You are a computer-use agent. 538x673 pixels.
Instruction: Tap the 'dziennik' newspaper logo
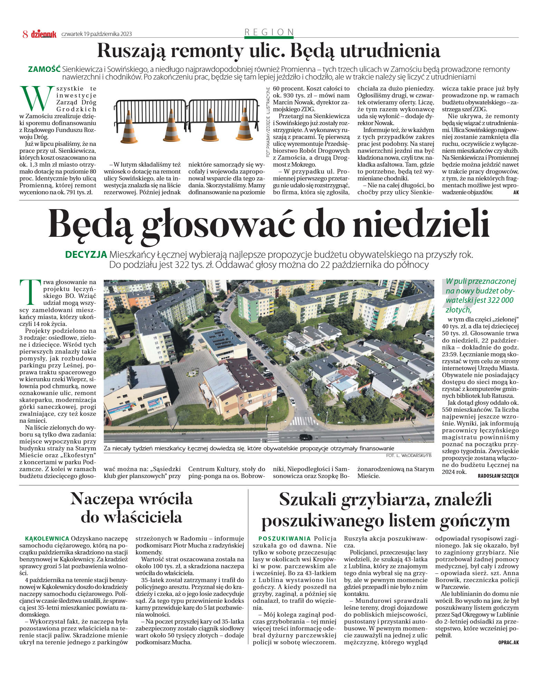click(x=44, y=34)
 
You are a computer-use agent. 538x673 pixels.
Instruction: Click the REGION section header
click(x=269, y=32)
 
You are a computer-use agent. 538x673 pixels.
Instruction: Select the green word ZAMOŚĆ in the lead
click(x=44, y=69)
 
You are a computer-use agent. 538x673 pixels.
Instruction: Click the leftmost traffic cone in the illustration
click(x=129, y=128)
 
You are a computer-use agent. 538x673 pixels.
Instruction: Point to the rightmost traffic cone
click(x=244, y=125)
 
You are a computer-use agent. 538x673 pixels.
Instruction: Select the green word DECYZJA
click(x=86, y=255)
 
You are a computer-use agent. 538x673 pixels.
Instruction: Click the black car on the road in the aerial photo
click(x=305, y=437)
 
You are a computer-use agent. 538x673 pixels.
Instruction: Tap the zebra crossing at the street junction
click(x=303, y=421)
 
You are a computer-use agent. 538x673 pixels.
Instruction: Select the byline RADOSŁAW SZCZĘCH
click(x=498, y=476)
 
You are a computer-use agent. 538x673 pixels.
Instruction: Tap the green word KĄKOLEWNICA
click(x=47, y=539)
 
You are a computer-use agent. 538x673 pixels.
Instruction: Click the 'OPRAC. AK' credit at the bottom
click(x=508, y=642)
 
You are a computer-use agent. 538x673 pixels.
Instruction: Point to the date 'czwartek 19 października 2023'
click(x=96, y=34)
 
